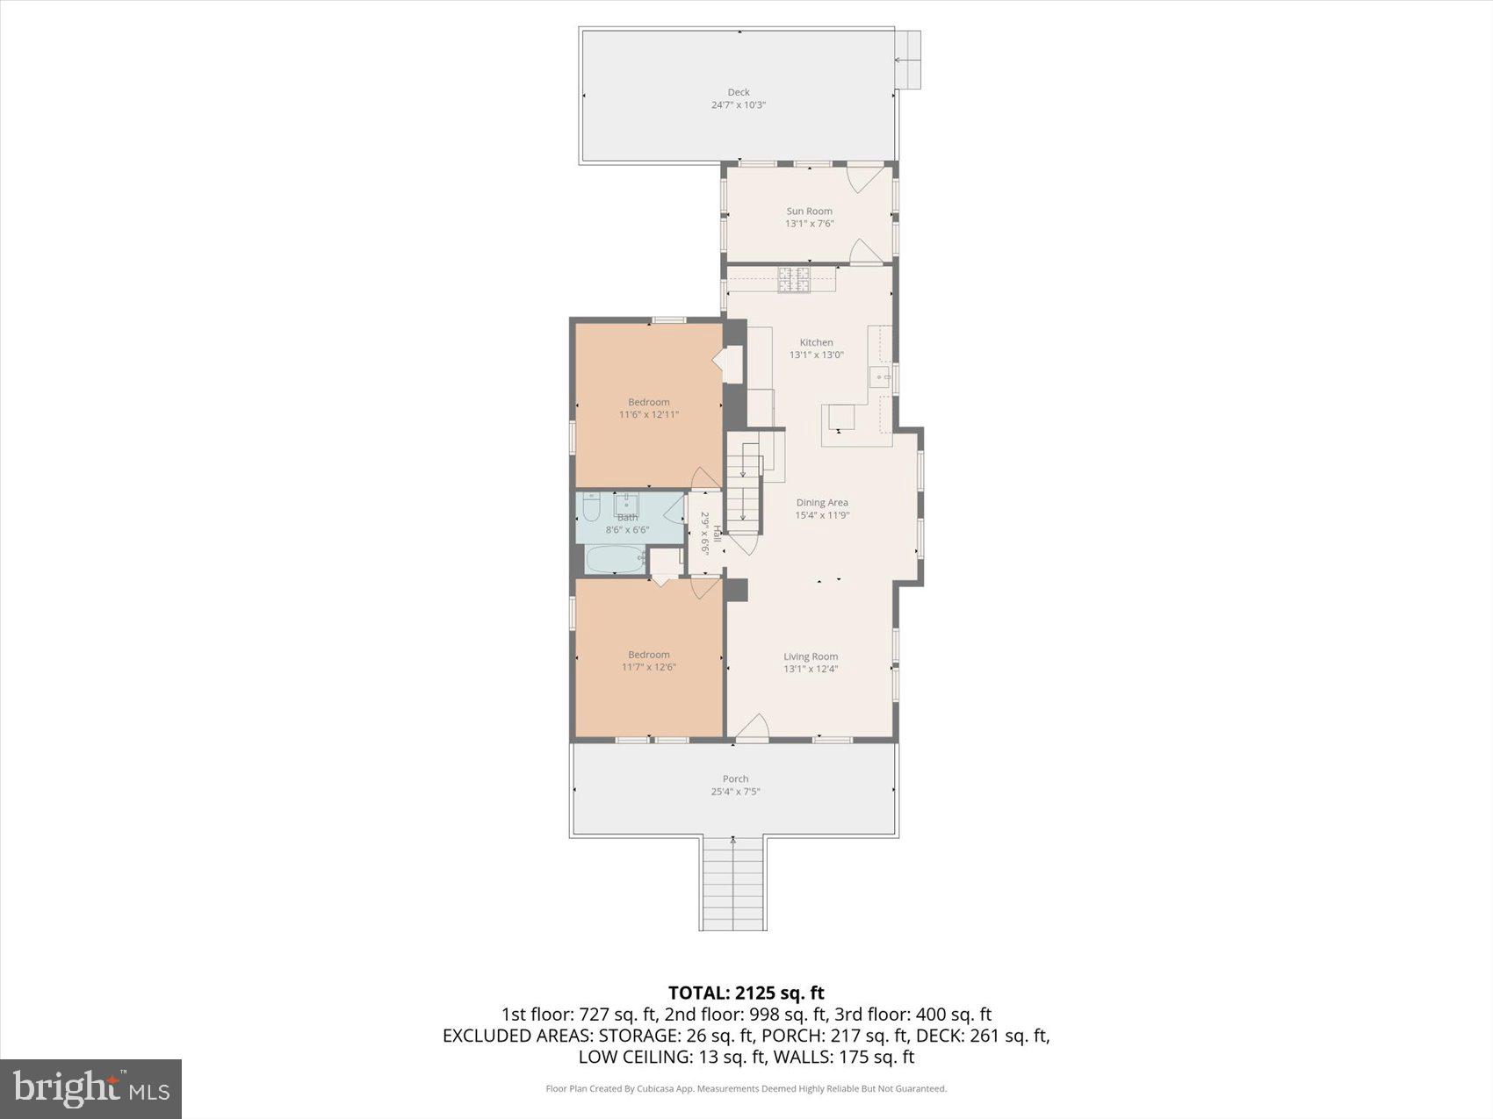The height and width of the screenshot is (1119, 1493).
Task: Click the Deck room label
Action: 739,92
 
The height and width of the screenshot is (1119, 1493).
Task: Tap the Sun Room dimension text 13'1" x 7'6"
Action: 809,224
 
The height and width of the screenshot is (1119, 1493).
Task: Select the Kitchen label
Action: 816,342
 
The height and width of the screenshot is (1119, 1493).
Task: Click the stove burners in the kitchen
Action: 793,279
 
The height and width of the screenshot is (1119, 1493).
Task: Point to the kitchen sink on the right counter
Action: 880,377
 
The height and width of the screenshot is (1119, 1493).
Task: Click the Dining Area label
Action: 822,503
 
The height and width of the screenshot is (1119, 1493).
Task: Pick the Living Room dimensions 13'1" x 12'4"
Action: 811,669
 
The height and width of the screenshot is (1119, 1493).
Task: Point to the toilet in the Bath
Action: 591,506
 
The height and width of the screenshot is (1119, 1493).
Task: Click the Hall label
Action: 717,533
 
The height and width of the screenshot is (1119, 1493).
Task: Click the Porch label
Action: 735,778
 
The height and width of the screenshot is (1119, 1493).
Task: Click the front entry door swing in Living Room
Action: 752,729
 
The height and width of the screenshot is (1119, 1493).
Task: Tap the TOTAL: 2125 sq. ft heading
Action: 746,993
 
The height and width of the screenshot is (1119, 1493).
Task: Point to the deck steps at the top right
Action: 908,60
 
